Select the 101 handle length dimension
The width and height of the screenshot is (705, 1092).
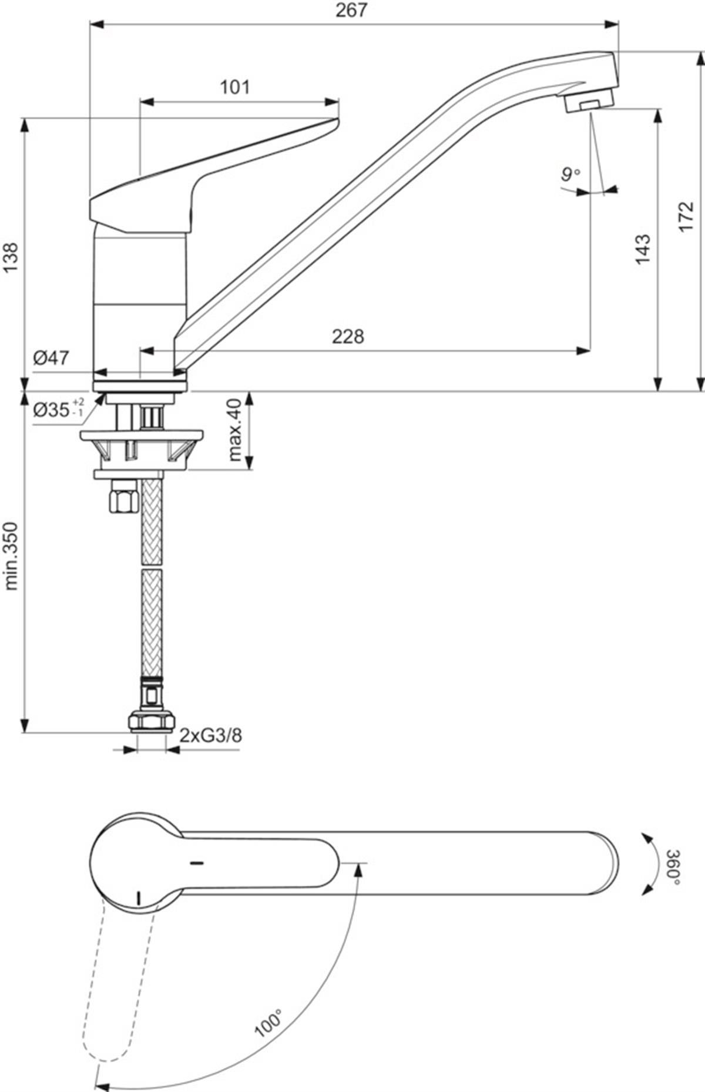coord(235,88)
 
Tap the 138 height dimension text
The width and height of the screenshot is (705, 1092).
coord(11,256)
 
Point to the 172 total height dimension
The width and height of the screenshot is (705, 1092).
coord(686,216)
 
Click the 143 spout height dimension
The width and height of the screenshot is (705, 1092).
coord(643,249)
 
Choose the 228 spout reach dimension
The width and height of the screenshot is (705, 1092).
coord(348,336)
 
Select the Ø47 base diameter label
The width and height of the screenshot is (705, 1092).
coord(51,357)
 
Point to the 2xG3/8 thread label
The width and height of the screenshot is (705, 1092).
coord(210,735)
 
